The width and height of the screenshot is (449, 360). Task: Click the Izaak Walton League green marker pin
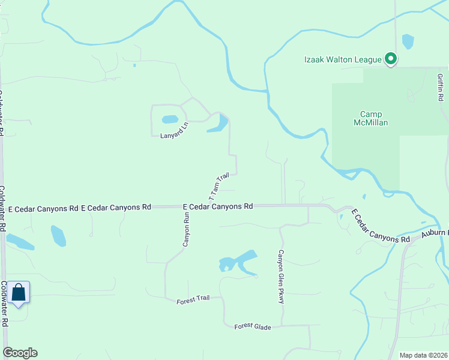point(391,59)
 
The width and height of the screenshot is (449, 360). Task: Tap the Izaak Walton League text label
point(342,59)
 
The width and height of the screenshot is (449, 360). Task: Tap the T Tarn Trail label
point(219,187)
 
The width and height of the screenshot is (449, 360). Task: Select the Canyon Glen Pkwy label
point(280,277)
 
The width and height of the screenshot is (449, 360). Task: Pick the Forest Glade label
point(253,327)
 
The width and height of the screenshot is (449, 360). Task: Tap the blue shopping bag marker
point(19,293)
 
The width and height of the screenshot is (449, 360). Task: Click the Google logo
point(20,353)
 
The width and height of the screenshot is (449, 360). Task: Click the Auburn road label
point(433,233)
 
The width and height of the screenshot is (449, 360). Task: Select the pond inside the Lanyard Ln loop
point(170,119)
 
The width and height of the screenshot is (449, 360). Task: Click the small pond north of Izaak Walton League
point(408,41)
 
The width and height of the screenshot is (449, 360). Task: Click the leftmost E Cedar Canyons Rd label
point(43,209)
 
